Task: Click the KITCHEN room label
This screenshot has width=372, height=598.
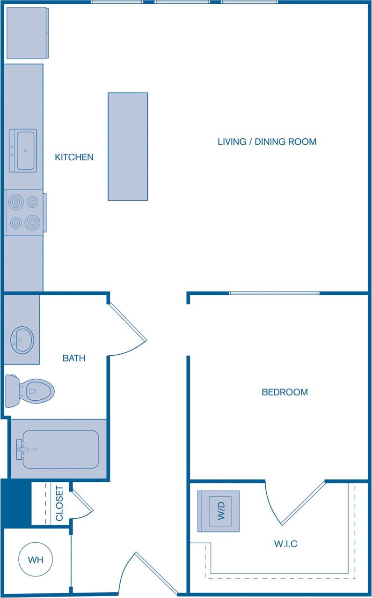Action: (x=74, y=157)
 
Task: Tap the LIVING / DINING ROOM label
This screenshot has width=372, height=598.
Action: (x=267, y=142)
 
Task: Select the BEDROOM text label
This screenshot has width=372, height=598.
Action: (x=284, y=392)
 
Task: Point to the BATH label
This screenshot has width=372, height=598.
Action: (x=74, y=359)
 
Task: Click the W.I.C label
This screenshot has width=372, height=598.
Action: (x=285, y=544)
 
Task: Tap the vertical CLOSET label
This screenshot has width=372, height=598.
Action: (x=60, y=504)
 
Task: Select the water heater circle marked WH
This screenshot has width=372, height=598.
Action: (x=36, y=560)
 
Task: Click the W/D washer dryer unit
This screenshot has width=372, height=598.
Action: (x=219, y=511)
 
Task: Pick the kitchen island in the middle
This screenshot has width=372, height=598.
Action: (x=128, y=146)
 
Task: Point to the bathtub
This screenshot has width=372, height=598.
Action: (x=58, y=449)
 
